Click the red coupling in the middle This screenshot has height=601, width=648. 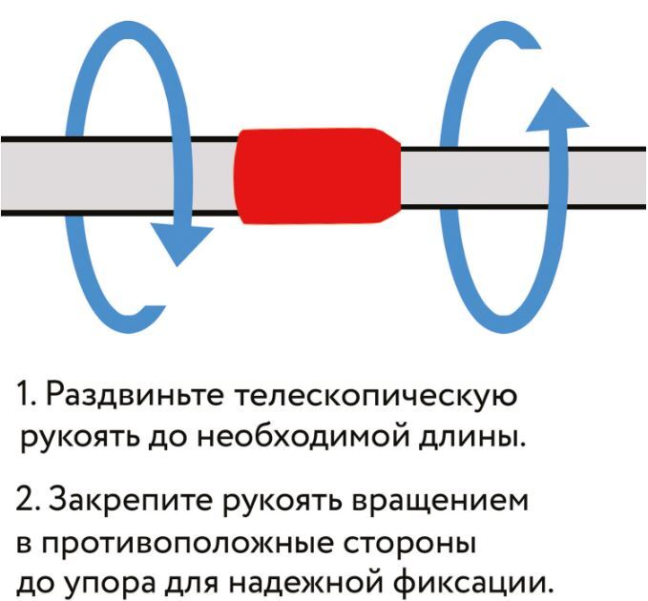[317, 176]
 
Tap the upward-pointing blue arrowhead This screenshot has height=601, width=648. [556, 110]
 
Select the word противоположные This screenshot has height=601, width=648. [187, 545]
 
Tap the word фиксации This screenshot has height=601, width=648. [472, 584]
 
